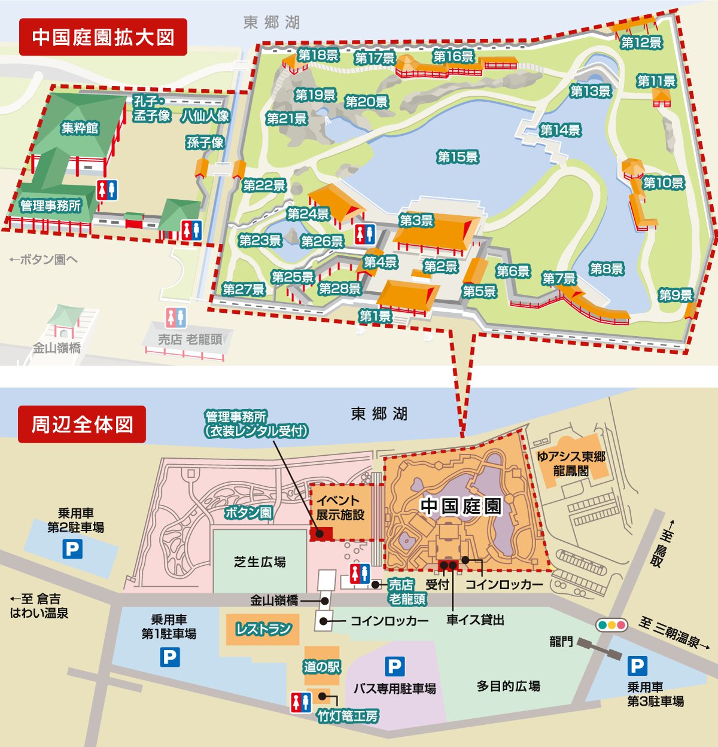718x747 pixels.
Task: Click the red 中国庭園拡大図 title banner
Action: (x=103, y=37)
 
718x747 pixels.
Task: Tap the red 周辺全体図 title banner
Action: (x=82, y=425)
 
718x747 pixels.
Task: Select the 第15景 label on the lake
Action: (x=458, y=157)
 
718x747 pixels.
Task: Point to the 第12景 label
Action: (x=641, y=42)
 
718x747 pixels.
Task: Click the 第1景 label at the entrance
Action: (x=375, y=316)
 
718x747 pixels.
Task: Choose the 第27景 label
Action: (x=244, y=289)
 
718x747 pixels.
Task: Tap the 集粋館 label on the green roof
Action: (x=80, y=128)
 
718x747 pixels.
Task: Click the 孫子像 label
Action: (x=205, y=142)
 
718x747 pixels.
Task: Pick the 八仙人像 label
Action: (x=205, y=115)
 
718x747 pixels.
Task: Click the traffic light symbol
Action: (x=611, y=625)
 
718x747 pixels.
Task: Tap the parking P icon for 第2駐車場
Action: (x=72, y=549)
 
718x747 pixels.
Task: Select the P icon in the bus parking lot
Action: (x=394, y=666)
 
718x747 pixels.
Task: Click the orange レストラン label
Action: (x=263, y=629)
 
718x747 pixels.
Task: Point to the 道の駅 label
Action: (x=321, y=667)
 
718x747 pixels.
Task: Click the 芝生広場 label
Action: (x=260, y=562)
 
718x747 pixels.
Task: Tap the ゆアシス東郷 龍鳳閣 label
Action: (x=571, y=464)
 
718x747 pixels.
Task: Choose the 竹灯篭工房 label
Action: (x=348, y=716)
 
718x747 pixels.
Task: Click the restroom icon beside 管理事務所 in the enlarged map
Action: (x=107, y=190)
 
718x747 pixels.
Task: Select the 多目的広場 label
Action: (x=509, y=686)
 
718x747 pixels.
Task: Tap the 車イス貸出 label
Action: (x=475, y=620)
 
